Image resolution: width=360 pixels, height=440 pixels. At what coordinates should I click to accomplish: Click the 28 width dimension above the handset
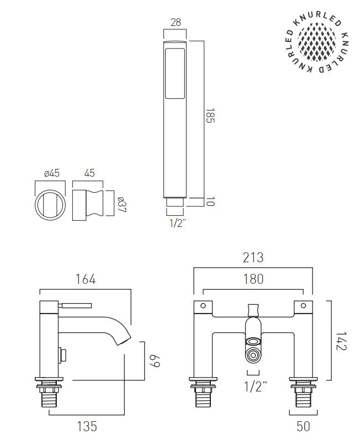[x=176, y=22]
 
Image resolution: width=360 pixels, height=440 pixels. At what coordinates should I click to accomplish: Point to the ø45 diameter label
[x=51, y=173]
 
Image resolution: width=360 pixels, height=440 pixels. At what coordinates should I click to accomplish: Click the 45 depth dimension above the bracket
[x=89, y=173]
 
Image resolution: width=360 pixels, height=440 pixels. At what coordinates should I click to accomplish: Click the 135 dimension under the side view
[x=87, y=426]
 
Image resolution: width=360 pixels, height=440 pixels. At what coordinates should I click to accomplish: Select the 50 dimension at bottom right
[x=303, y=426]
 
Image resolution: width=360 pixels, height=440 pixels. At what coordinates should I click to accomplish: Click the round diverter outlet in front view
[x=253, y=355]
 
